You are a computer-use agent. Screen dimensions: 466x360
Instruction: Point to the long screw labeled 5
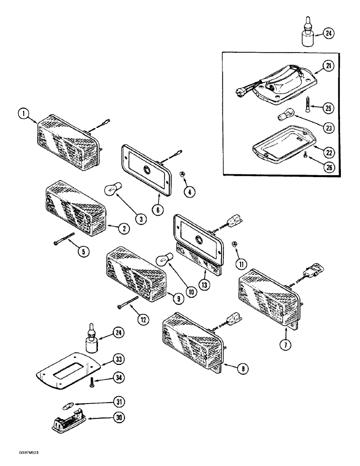65,240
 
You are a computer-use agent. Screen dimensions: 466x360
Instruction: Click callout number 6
158,210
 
